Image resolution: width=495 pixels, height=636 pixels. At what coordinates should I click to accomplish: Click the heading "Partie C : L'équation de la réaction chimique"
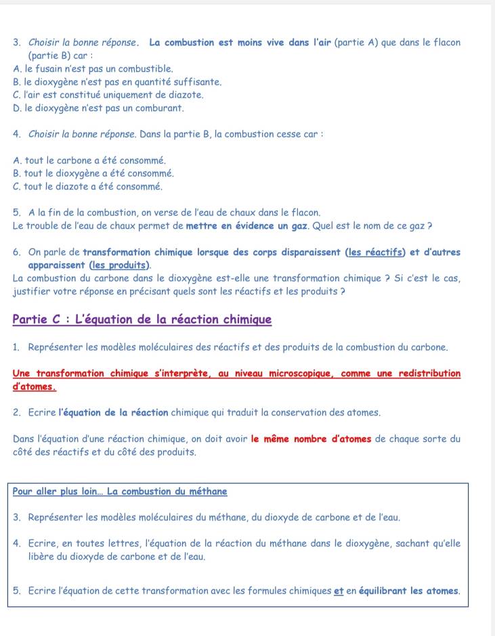(142, 319)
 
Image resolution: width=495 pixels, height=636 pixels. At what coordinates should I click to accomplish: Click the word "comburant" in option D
(163, 108)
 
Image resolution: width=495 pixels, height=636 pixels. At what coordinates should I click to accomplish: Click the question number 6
(16, 253)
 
